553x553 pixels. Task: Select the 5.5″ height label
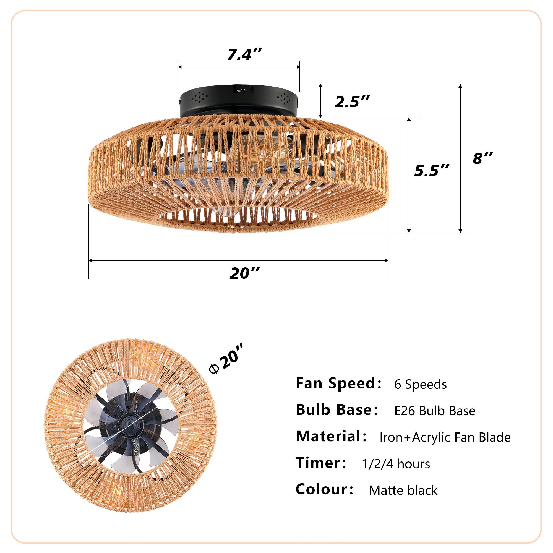coord(432,171)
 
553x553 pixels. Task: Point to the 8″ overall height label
coord(482,158)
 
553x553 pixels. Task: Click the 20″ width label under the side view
coord(245,273)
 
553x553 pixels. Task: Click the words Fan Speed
coord(338,383)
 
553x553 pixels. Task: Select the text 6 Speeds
coord(420,384)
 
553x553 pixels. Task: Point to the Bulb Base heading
coord(336,410)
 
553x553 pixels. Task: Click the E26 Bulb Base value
coord(434,411)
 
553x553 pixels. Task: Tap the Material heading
coord(331,437)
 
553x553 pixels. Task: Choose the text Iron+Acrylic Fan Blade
coord(445,438)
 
